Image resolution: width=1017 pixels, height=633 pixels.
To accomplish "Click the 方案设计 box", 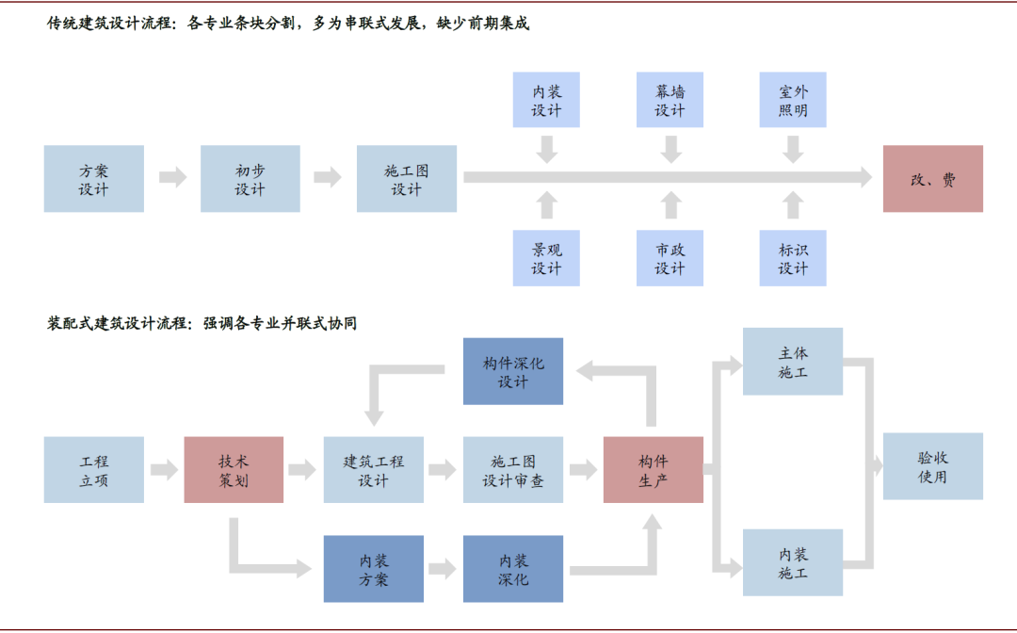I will [94, 179].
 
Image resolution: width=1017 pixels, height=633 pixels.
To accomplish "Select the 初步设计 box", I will [250, 179].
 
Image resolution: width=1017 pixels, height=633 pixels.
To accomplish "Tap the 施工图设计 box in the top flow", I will [407, 179].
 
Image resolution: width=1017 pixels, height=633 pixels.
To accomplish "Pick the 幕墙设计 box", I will [670, 100].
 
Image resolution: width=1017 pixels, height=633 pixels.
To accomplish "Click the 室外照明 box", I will [793, 100].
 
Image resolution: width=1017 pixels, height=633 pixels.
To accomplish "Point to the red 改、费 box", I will [932, 179].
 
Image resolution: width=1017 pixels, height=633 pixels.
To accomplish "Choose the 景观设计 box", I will [546, 258].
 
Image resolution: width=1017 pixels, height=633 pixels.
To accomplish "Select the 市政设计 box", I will [670, 258].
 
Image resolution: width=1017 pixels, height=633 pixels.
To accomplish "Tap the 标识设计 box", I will [793, 258].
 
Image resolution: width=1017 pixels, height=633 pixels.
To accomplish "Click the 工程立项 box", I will [94, 470].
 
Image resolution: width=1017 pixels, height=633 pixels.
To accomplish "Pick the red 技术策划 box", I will [234, 470].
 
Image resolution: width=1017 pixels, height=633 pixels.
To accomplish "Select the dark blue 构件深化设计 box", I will [513, 371].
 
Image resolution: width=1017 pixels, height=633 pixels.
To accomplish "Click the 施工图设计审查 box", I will [513, 470].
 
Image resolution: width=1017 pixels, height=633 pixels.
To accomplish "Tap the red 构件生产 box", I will [653, 470].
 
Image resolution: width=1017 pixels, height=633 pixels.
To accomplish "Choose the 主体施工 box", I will [793, 362].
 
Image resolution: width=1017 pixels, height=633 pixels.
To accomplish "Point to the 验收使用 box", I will [932, 466].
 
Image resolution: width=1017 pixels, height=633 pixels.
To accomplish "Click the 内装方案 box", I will [374, 569].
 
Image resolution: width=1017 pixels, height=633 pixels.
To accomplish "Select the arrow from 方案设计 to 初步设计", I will [172, 177].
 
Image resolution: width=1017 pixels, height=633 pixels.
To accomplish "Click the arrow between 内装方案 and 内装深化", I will [443, 569].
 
